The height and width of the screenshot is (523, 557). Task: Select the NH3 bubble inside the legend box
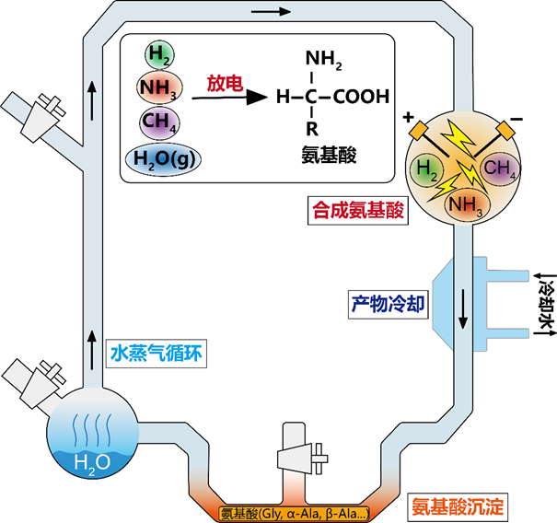pos(160,88)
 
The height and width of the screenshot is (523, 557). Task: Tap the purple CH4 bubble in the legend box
pos(160,122)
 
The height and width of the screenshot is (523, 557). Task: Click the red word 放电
pos(224,85)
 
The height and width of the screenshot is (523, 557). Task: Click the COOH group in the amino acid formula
pos(361,96)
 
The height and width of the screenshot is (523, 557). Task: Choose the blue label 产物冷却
pos(387,302)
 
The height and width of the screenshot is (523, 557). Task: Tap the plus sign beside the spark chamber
pos(410,117)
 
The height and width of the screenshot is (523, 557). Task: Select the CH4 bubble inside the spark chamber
pos(501,169)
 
